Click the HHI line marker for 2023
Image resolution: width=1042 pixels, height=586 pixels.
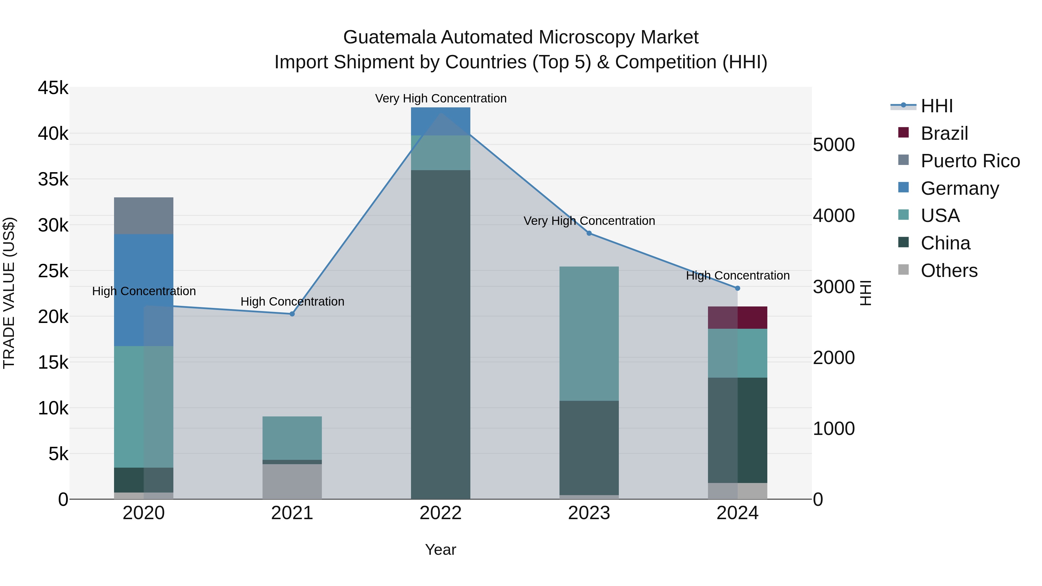click(x=589, y=233)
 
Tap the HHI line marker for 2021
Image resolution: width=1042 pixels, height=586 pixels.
click(x=292, y=314)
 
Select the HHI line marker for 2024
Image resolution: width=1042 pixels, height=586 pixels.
click(x=738, y=288)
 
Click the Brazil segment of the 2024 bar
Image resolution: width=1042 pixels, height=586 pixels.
click(x=738, y=318)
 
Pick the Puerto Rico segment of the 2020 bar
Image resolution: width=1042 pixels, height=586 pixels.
click(x=144, y=216)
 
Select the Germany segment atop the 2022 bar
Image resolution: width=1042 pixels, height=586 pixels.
click(x=441, y=121)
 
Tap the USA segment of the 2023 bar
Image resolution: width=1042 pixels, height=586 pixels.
click(x=589, y=334)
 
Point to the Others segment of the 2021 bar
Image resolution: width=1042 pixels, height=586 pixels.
click(x=292, y=481)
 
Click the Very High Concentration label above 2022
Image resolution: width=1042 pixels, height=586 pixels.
click(x=441, y=99)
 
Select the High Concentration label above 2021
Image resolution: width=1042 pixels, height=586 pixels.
click(x=292, y=302)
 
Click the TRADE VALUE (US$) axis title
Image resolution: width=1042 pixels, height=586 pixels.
click(x=9, y=293)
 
